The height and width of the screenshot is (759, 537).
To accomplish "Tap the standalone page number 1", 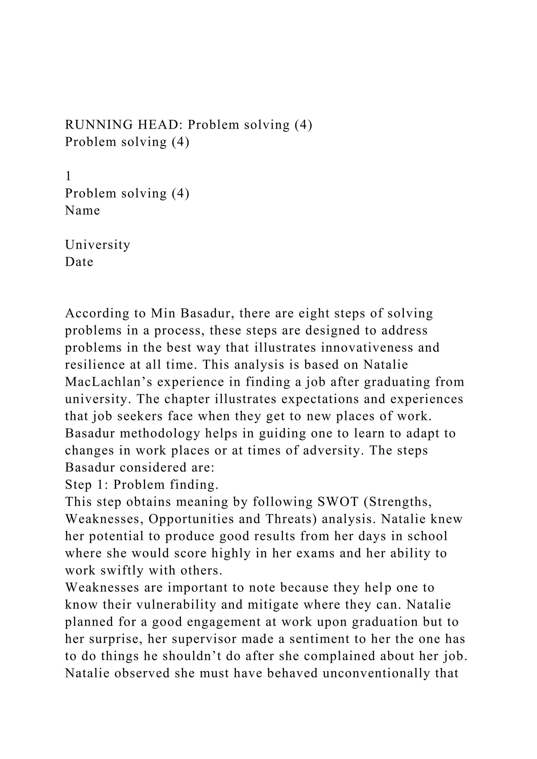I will pyautogui.click(x=68, y=176).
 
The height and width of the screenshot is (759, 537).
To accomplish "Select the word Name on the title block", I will pyautogui.click(x=82, y=210).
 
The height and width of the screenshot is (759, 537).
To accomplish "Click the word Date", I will pyautogui.click(x=79, y=262).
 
